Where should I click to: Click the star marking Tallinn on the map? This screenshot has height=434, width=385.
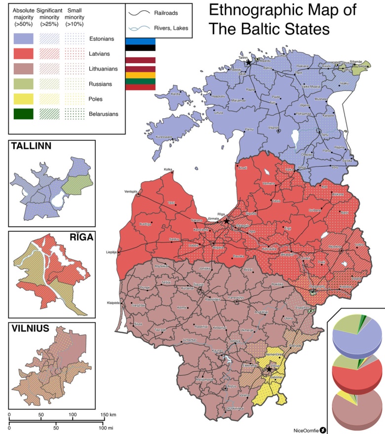tap(248, 63)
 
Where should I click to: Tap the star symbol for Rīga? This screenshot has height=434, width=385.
tap(227, 221)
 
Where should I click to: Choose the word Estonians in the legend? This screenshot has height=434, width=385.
tap(102, 39)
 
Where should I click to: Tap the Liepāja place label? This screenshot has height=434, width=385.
tap(112, 252)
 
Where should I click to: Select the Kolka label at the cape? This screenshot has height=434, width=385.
tap(168, 170)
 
